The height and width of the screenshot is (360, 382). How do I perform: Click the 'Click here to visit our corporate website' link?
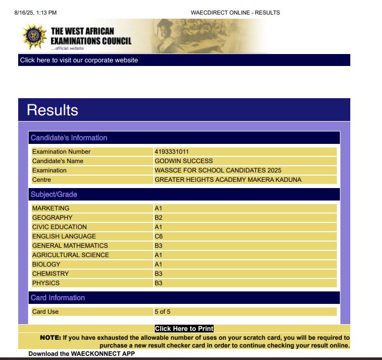79,60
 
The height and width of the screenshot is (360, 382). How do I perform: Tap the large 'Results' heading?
52,110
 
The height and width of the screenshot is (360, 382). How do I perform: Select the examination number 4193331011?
172,152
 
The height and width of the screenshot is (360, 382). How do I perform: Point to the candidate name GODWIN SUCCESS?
183,161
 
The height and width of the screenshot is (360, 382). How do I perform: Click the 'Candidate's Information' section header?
69,138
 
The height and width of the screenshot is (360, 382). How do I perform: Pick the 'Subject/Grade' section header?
54,194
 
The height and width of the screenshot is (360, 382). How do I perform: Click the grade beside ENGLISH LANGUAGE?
159,236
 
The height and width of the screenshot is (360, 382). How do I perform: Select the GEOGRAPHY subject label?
52,218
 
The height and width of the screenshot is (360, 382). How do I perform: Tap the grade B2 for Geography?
159,218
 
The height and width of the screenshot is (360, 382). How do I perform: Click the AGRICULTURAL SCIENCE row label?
71,255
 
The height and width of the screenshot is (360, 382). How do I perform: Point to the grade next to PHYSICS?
159,283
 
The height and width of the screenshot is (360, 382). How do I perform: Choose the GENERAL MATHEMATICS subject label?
70,246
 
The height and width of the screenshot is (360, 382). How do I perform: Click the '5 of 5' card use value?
162,312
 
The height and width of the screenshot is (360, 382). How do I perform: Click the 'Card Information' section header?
58,298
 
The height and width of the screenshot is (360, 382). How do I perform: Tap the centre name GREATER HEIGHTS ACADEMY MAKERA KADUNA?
228,180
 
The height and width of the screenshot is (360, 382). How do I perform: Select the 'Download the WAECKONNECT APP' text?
82,354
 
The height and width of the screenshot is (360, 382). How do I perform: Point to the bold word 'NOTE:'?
50,338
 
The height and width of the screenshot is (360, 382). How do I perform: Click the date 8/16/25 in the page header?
25,12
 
